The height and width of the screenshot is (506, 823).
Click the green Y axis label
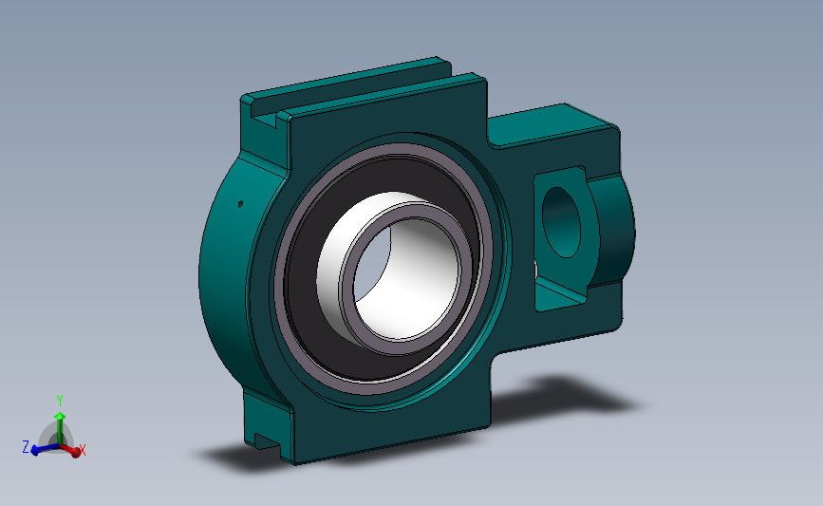(60, 401)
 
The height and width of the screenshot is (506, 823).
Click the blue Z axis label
(26, 447)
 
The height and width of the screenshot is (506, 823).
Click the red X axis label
(83, 450)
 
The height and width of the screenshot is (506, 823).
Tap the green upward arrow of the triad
(60, 427)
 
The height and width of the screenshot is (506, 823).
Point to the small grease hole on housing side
(240, 204)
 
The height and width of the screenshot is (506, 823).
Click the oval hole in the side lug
(562, 222)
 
